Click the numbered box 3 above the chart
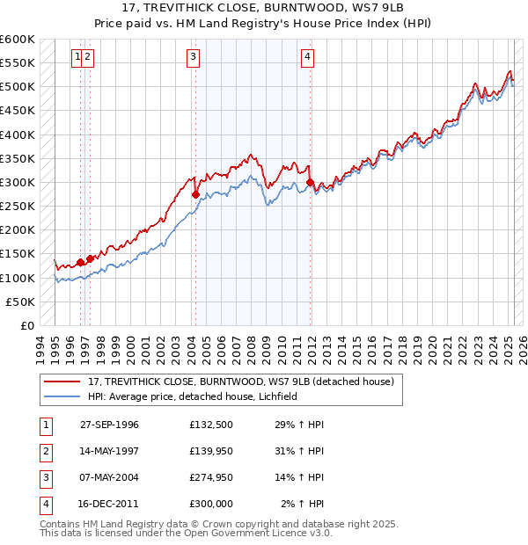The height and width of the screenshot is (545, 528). click(x=193, y=58)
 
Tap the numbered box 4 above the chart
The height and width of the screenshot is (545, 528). click(x=307, y=58)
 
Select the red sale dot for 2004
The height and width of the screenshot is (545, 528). click(x=195, y=194)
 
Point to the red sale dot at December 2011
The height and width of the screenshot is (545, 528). click(x=311, y=183)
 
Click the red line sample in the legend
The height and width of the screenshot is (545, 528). click(x=62, y=381)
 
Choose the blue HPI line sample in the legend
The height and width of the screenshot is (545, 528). click(x=62, y=396)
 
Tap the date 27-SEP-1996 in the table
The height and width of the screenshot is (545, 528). click(x=109, y=425)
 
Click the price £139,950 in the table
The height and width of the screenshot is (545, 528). click(x=210, y=451)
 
